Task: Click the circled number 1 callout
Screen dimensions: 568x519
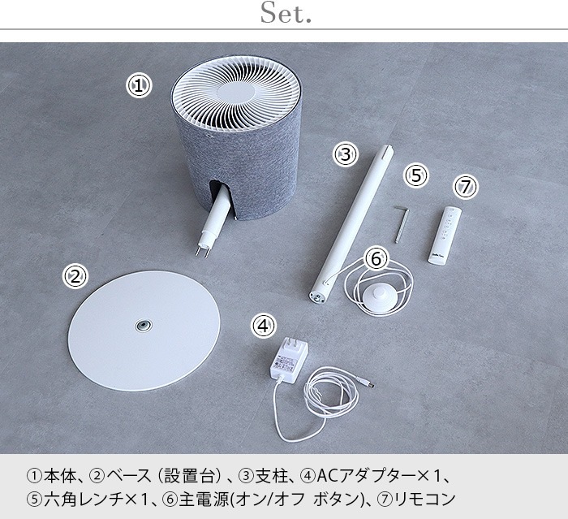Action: (139, 85)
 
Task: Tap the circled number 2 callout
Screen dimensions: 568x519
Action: (75, 277)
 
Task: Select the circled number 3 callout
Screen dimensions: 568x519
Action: (346, 154)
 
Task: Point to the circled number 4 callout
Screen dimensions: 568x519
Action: (264, 326)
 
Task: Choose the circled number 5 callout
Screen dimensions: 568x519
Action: (416, 175)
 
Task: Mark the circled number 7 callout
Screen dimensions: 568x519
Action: (467, 187)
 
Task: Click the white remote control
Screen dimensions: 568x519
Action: (445, 235)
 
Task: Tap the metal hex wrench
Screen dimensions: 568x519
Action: (402, 223)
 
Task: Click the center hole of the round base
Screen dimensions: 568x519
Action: (144, 326)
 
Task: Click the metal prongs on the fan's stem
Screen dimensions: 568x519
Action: (202, 252)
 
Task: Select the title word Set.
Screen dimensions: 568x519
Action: (286, 13)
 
